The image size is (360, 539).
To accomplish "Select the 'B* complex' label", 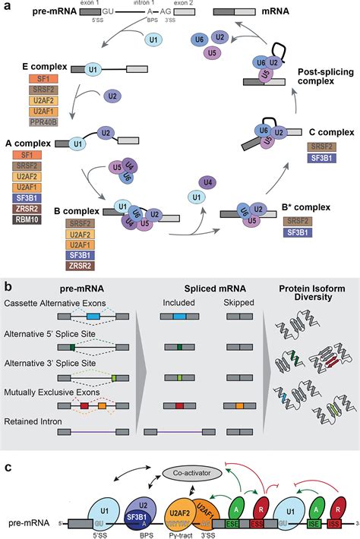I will [315, 206].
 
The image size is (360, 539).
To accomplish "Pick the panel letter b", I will [7, 287].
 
